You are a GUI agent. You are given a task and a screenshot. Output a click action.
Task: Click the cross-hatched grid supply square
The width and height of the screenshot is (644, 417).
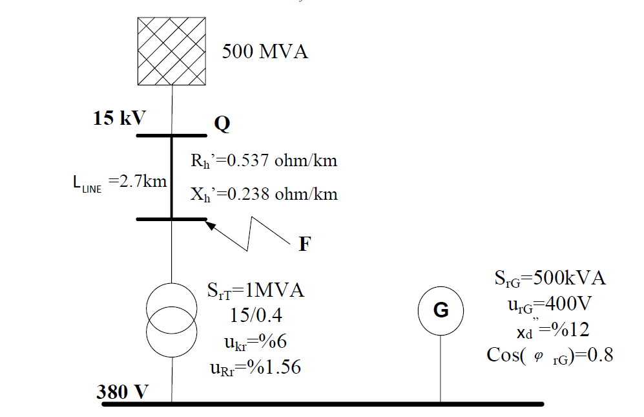(x=172, y=51)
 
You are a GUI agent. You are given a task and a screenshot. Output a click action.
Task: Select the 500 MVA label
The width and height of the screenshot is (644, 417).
(x=265, y=52)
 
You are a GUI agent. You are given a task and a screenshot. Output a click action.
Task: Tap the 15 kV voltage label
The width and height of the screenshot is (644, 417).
(x=119, y=119)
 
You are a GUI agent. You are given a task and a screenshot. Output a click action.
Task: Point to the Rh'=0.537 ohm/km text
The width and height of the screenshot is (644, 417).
(x=264, y=160)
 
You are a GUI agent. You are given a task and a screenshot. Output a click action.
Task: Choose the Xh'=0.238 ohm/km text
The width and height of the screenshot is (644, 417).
(x=264, y=194)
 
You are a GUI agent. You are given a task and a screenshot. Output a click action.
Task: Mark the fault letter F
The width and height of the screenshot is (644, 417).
(x=304, y=245)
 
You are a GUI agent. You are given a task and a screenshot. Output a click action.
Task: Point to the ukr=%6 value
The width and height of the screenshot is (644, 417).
(x=254, y=343)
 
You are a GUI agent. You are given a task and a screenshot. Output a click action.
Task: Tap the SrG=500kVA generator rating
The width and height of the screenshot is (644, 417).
(x=550, y=279)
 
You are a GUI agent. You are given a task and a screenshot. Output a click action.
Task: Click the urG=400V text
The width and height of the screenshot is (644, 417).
(x=550, y=304)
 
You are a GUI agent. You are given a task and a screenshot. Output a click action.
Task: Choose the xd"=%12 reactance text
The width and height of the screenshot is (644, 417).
(x=550, y=330)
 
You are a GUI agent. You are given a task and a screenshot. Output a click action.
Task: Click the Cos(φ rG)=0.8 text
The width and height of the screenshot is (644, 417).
(x=549, y=355)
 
